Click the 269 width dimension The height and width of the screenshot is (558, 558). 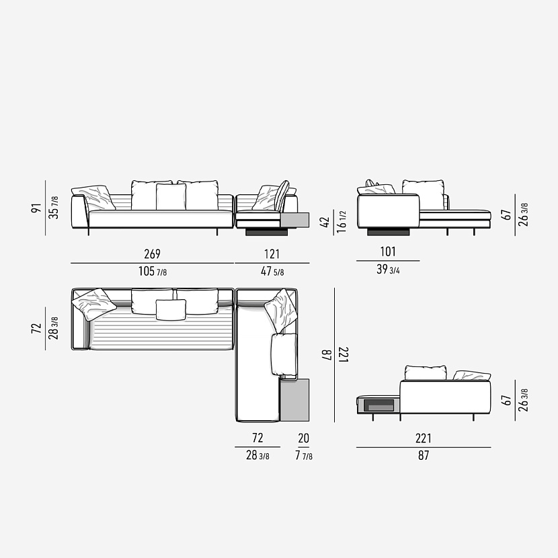(x=153, y=253)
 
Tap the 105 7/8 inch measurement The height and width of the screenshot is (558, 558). (x=153, y=272)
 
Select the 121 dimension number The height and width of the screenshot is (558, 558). (x=272, y=254)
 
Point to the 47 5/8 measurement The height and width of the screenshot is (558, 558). (x=272, y=272)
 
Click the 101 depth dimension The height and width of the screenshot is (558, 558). (x=388, y=251)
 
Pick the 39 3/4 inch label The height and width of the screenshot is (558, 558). (x=388, y=270)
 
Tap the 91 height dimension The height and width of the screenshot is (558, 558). (x=37, y=208)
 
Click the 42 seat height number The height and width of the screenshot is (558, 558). (x=325, y=223)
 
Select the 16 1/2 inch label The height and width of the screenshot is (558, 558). (x=342, y=222)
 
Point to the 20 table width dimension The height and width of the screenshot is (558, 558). (x=304, y=438)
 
